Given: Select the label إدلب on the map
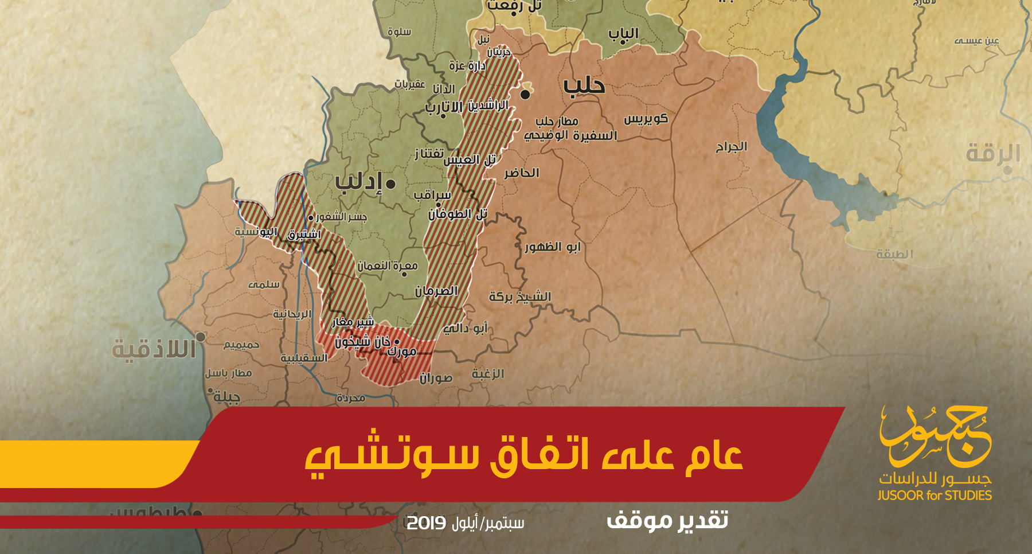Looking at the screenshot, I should pos(358,182).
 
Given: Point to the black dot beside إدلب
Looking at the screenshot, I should pos(390,184).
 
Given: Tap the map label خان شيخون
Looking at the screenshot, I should pos(362,342).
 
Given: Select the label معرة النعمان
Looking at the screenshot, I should pos(388,266).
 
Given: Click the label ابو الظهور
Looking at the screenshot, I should pos(553,247).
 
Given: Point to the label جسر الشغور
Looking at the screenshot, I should pos(342,217).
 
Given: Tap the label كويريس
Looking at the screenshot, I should pos(646,119).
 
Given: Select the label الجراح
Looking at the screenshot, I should pos(731,147).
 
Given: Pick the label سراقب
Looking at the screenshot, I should pos(432,195).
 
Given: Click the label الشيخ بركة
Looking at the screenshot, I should pos(520,297).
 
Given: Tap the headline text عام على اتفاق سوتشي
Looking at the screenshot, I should pos(523,456).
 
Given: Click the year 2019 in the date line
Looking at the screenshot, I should pos(426,523).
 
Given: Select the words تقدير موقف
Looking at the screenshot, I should pos(667,520).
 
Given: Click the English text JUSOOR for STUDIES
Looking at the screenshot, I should pos(935,496).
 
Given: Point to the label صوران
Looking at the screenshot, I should pos(436,378).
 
